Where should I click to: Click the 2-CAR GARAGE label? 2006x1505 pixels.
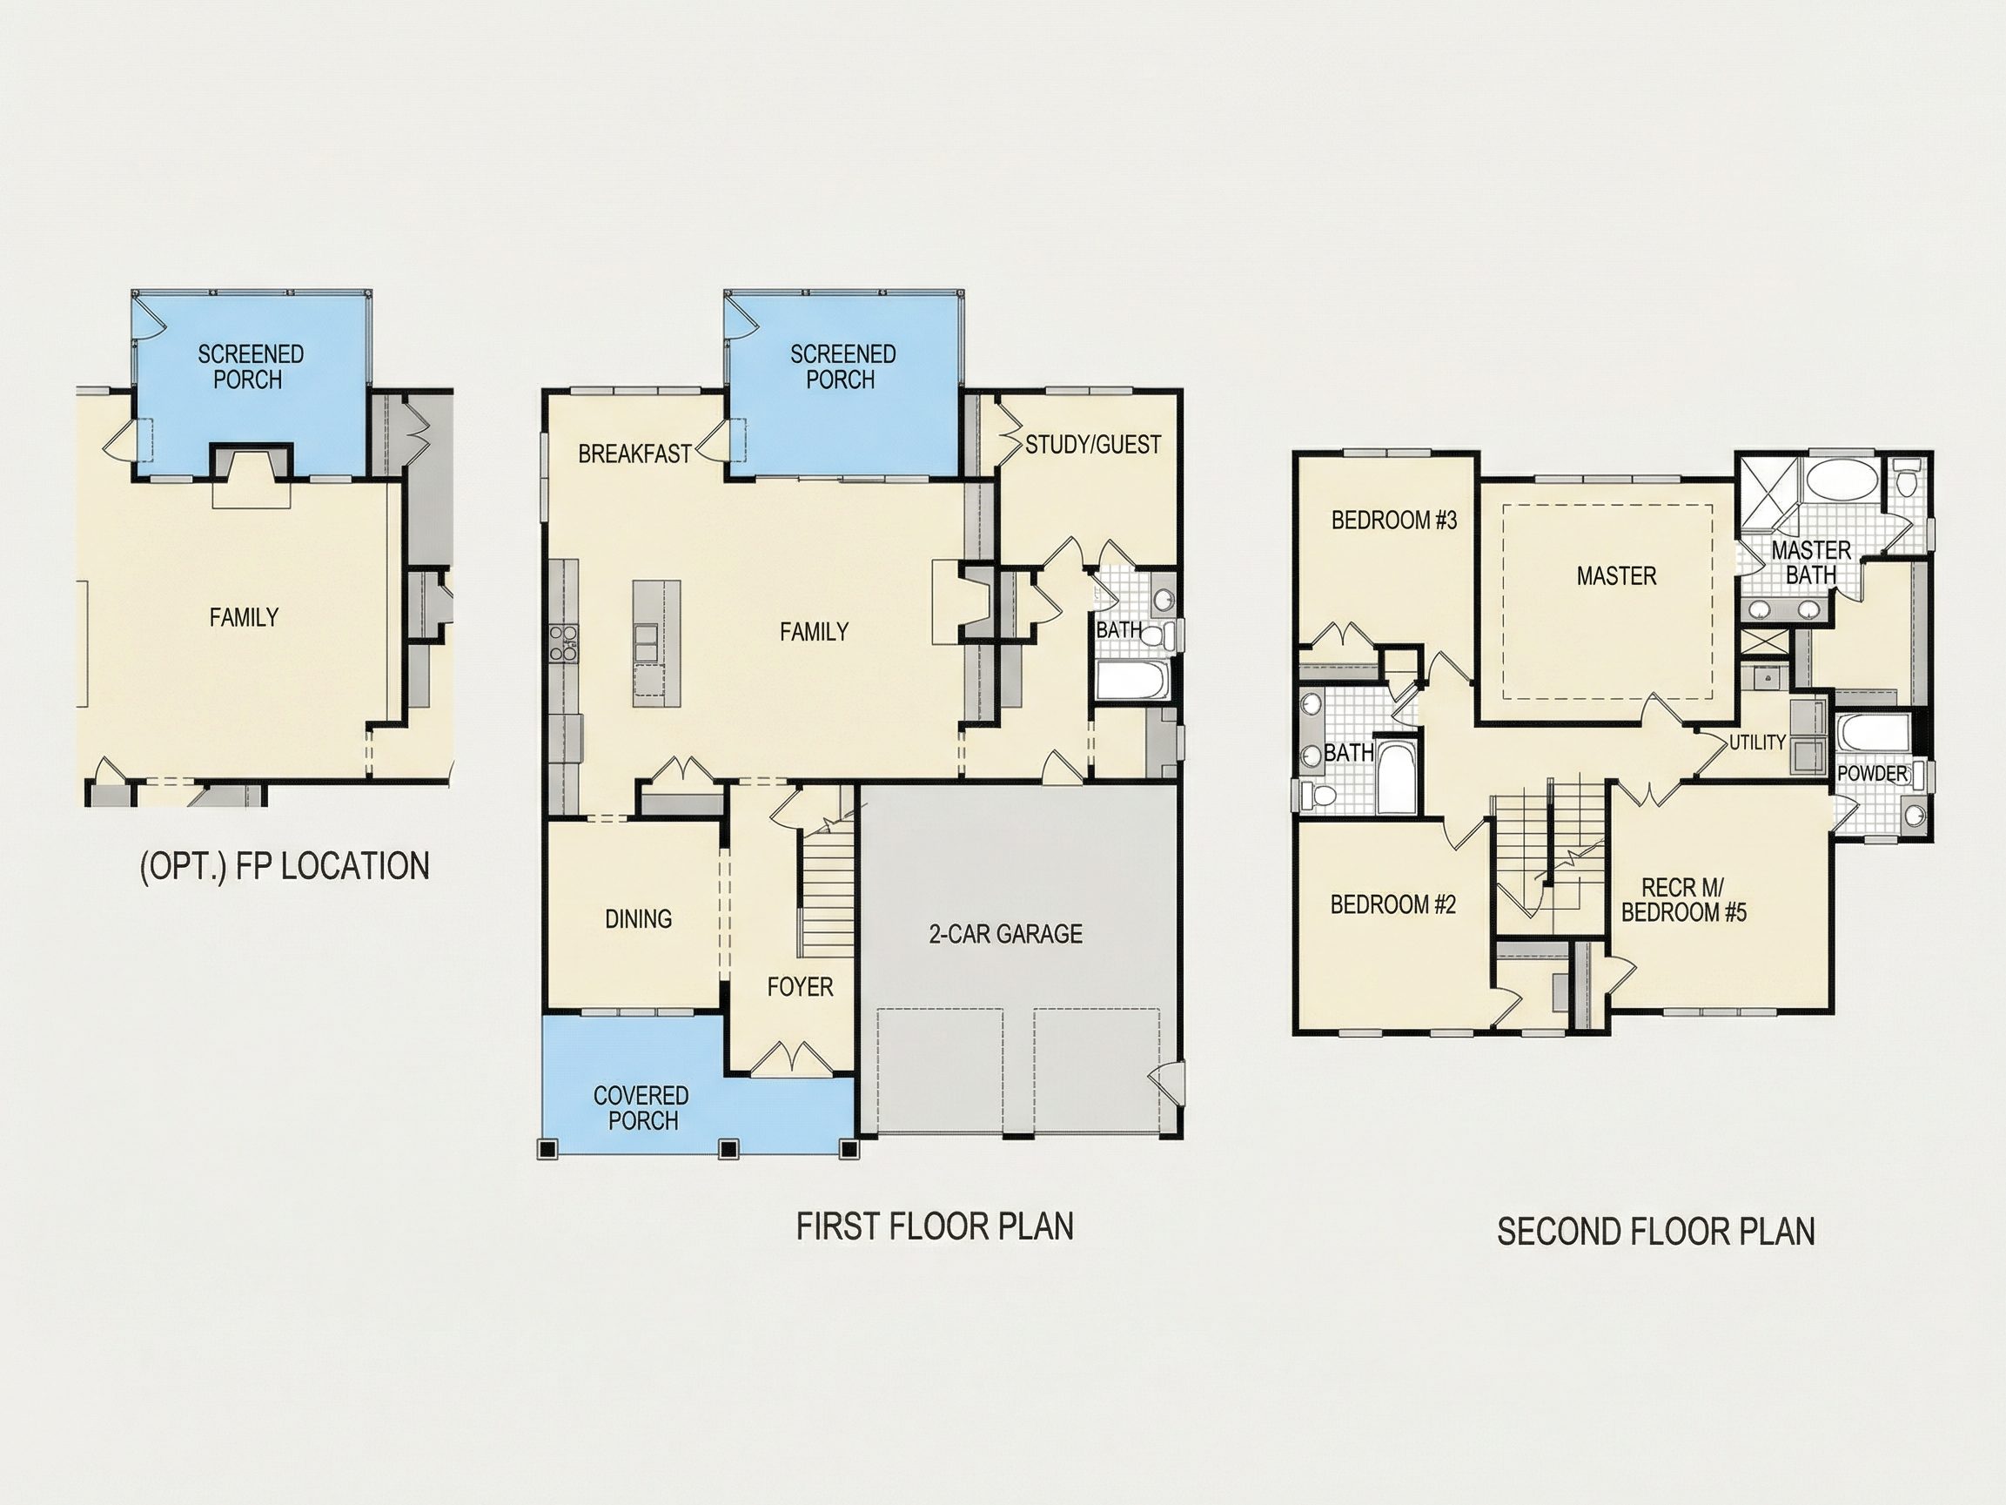1006,934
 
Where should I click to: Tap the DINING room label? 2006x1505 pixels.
639,919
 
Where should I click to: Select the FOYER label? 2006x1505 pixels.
800,987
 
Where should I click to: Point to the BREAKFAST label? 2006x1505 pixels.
634,454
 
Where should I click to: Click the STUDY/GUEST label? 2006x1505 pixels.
1093,445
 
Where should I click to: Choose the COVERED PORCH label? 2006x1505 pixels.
642,1109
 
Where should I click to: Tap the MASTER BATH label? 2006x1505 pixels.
1810,562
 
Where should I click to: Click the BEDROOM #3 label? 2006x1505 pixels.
1394,520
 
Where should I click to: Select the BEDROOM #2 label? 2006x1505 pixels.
1393,904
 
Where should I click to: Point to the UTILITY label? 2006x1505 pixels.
1757,742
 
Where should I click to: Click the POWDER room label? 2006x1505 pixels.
1873,774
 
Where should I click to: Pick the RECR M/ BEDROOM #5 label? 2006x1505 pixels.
1683,900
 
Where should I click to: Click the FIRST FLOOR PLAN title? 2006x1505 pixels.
935,1226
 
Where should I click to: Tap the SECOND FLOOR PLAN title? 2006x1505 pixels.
1656,1232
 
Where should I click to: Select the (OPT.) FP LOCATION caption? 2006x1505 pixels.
285,866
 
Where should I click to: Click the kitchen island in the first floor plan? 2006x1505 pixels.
656,638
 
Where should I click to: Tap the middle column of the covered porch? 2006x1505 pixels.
728,1149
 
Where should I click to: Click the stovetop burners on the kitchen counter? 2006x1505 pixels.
562,642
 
